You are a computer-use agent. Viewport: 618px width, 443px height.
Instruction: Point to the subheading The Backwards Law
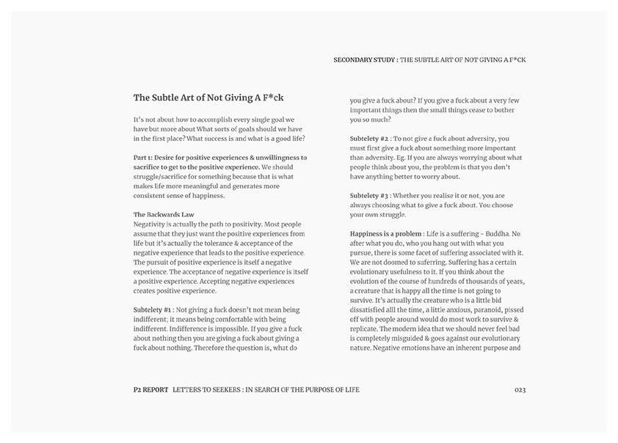164,214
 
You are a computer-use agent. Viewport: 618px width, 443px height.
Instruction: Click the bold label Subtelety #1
153,310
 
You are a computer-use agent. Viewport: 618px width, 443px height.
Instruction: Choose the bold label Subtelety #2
369,139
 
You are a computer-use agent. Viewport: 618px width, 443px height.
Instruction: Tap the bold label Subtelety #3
369,196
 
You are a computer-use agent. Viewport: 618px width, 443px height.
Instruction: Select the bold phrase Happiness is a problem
385,234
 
